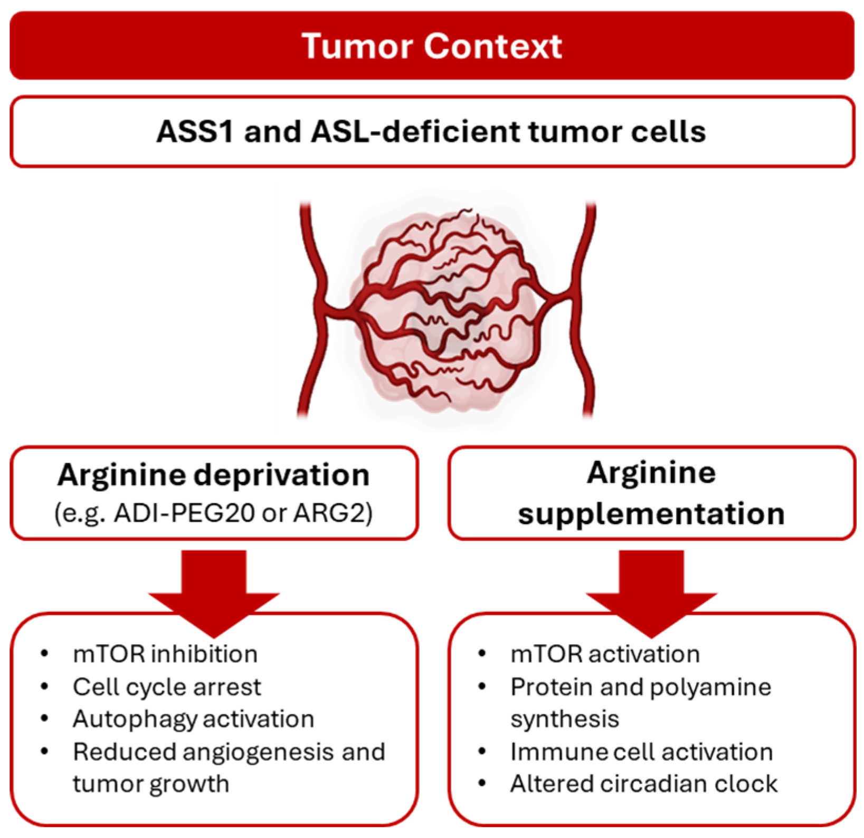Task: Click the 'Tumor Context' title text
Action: tap(432, 46)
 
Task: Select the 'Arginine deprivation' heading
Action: tap(214, 475)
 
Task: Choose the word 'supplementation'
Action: tap(651, 514)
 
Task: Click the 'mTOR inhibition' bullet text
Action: tap(165, 654)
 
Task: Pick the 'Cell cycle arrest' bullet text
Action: tap(167, 687)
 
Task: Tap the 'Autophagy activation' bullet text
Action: tap(193, 719)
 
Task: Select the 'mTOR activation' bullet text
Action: tap(605, 654)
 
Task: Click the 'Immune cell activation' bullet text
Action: tap(641, 752)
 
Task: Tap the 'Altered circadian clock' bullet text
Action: tap(644, 784)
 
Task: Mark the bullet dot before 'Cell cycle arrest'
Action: tap(45, 687)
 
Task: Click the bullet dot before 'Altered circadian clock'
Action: tap(482, 784)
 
